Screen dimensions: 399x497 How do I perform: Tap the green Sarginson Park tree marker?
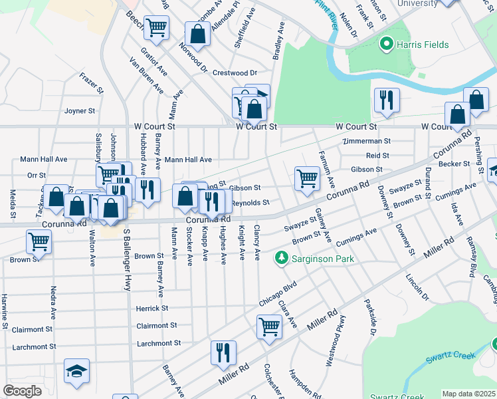(x=282, y=257)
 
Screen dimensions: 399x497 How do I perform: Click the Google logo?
(x=23, y=391)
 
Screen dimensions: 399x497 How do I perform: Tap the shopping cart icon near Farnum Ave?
(x=306, y=178)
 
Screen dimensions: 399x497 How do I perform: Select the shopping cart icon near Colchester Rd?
(x=269, y=327)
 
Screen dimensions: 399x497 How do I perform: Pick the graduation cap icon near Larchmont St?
(x=77, y=370)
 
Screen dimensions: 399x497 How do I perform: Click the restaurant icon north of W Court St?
(x=386, y=100)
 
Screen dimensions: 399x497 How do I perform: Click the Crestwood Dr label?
(x=235, y=72)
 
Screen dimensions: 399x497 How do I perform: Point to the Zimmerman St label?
(x=366, y=142)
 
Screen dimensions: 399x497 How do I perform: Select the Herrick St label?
(x=152, y=309)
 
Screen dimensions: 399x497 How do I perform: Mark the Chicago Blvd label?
(x=277, y=295)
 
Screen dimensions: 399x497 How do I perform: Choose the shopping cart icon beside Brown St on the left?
(x=39, y=242)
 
